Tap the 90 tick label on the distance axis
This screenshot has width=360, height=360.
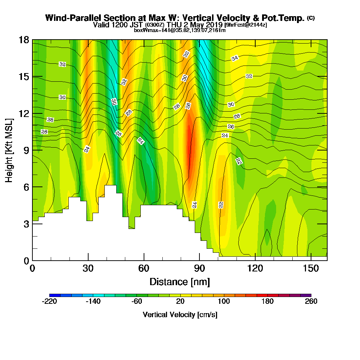199,269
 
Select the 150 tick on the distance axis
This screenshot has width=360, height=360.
311,269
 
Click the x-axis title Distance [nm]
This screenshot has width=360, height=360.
180,282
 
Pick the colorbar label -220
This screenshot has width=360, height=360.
49,302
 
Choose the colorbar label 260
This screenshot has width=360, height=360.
311,302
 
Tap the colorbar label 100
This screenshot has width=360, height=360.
224,302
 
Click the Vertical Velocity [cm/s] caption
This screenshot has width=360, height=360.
180,315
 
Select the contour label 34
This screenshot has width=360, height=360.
235,58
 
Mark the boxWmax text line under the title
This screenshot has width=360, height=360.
180,30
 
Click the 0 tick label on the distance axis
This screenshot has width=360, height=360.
32,269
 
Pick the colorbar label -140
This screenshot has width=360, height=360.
93,302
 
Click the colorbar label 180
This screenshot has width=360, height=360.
267,302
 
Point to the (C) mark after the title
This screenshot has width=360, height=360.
311,18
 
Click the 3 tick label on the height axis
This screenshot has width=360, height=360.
26,224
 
